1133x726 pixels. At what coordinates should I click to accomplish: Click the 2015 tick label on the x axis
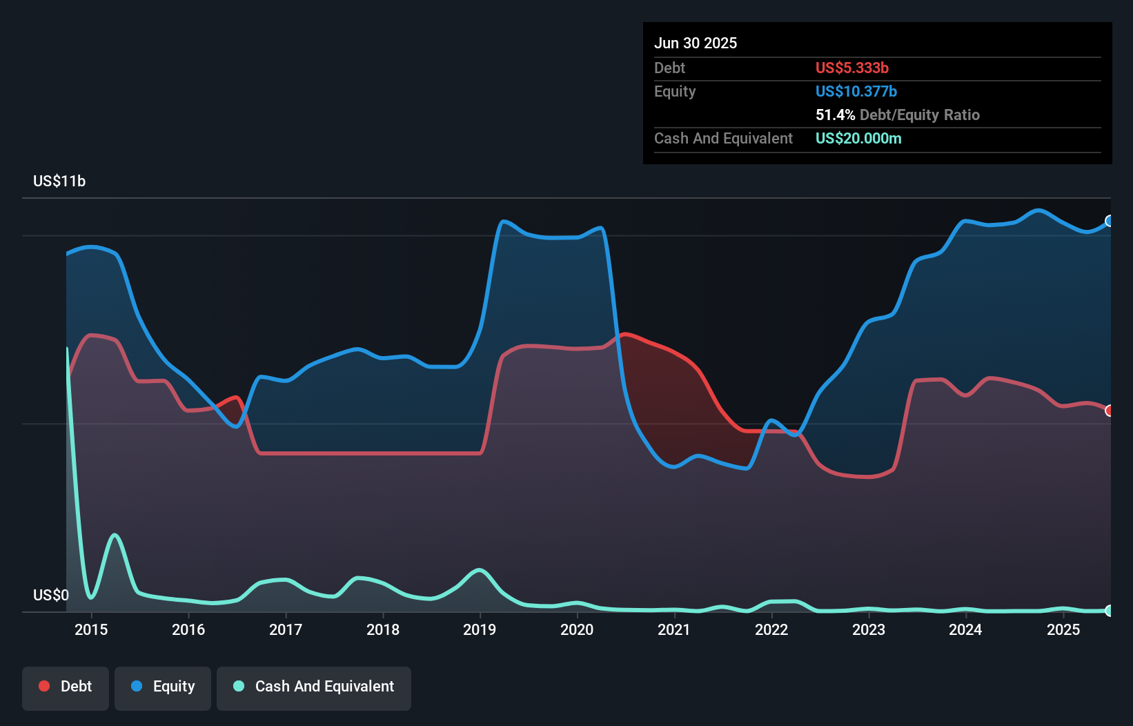click(x=91, y=629)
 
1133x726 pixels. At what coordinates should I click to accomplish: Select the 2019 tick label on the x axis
click(x=480, y=629)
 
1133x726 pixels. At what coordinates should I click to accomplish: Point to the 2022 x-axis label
click(x=771, y=629)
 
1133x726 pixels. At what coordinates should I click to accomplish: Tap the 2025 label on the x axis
click(x=1063, y=629)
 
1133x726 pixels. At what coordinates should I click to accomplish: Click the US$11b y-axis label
click(x=59, y=181)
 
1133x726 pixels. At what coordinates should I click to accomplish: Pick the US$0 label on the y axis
click(x=51, y=595)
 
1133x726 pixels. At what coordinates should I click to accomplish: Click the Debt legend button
click(x=66, y=687)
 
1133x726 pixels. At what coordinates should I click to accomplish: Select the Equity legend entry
click(x=163, y=687)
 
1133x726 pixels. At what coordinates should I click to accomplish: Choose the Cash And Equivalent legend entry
click(x=314, y=687)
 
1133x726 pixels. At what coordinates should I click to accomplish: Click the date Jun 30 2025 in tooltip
click(x=696, y=43)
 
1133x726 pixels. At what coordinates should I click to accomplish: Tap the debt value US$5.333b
click(x=851, y=68)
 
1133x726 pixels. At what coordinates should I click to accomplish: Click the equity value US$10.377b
click(x=856, y=91)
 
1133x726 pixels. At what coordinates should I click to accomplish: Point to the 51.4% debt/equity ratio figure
click(x=835, y=115)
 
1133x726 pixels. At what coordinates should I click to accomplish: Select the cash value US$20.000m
click(x=858, y=138)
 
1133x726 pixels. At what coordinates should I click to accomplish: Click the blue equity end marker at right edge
click(x=1110, y=221)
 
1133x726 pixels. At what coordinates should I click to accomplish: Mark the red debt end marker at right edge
click(x=1110, y=411)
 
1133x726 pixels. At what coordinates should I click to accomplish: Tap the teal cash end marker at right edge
click(x=1110, y=611)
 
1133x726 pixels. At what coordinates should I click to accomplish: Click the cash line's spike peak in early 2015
click(x=115, y=535)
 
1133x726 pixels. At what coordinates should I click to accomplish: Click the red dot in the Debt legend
click(x=44, y=686)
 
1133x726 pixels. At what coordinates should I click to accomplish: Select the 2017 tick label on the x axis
click(x=286, y=629)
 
